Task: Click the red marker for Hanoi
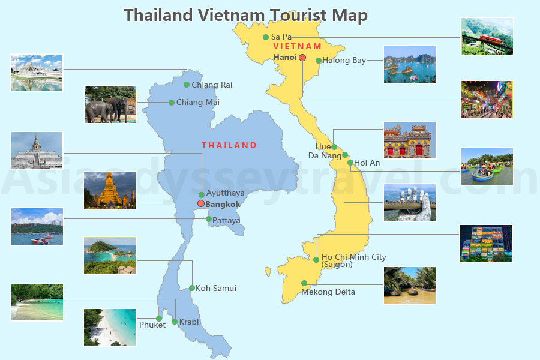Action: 302,58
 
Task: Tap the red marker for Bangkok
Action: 201,204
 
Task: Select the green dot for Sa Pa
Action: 266,37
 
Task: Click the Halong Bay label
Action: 344,61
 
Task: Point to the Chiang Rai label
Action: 212,85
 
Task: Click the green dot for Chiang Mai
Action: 172,103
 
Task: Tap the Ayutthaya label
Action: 225,194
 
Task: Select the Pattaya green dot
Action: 209,220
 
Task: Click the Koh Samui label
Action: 216,289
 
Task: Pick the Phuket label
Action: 152,325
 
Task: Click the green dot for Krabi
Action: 175,322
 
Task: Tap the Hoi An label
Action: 367,163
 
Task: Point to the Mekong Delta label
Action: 328,292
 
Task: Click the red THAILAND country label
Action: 229,145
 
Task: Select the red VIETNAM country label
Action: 297,46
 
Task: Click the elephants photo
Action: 110,105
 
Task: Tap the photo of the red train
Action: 487,36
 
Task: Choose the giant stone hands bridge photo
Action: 410,202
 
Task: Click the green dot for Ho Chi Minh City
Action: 316,260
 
